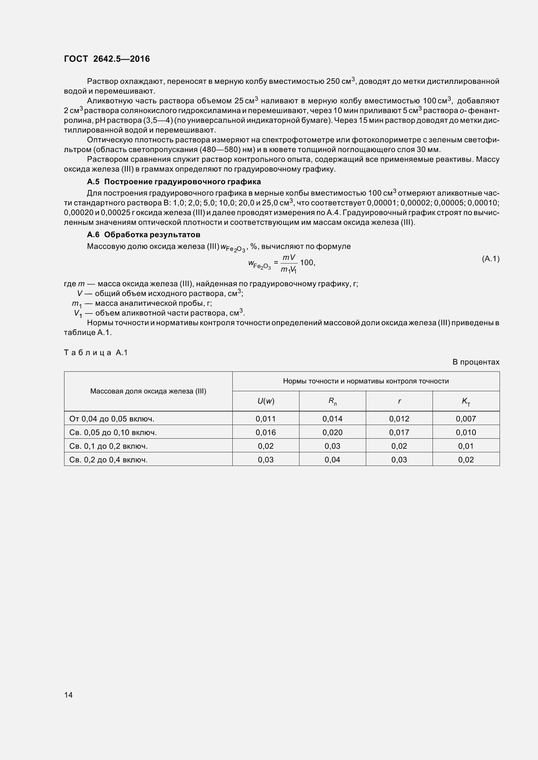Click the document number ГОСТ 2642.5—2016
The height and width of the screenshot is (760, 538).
click(107, 59)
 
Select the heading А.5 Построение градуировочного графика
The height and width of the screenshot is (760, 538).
click(174, 182)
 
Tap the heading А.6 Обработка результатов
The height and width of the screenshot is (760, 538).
click(144, 235)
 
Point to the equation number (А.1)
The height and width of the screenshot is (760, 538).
click(490, 259)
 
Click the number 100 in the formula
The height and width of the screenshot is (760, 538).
click(307, 263)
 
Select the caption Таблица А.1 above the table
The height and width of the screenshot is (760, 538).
click(96, 353)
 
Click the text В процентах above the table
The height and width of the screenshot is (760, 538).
click(476, 362)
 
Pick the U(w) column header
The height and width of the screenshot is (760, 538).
click(266, 401)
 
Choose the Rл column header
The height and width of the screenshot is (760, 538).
click(333, 401)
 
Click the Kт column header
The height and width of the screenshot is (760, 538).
click(466, 402)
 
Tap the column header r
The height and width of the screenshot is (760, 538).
click(399, 401)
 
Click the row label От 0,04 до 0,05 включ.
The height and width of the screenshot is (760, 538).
click(112, 419)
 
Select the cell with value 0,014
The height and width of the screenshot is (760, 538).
click(333, 419)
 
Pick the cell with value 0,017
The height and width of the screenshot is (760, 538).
click(399, 432)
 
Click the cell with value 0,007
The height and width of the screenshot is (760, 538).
click(466, 419)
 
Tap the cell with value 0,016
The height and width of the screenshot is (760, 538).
click(266, 432)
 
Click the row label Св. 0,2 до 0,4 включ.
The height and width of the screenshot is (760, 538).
click(108, 459)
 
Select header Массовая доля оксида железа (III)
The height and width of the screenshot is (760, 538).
click(148, 391)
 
